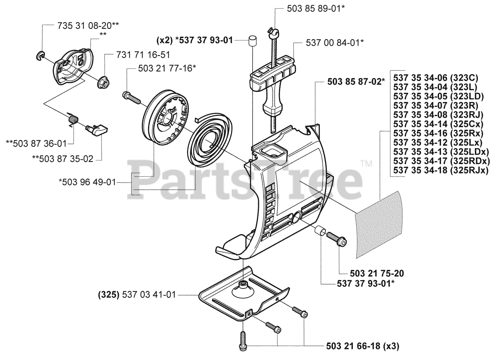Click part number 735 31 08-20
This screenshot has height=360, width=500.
point(88,25)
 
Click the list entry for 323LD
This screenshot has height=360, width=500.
point(439,97)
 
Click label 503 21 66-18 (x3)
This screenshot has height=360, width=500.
point(362,346)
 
